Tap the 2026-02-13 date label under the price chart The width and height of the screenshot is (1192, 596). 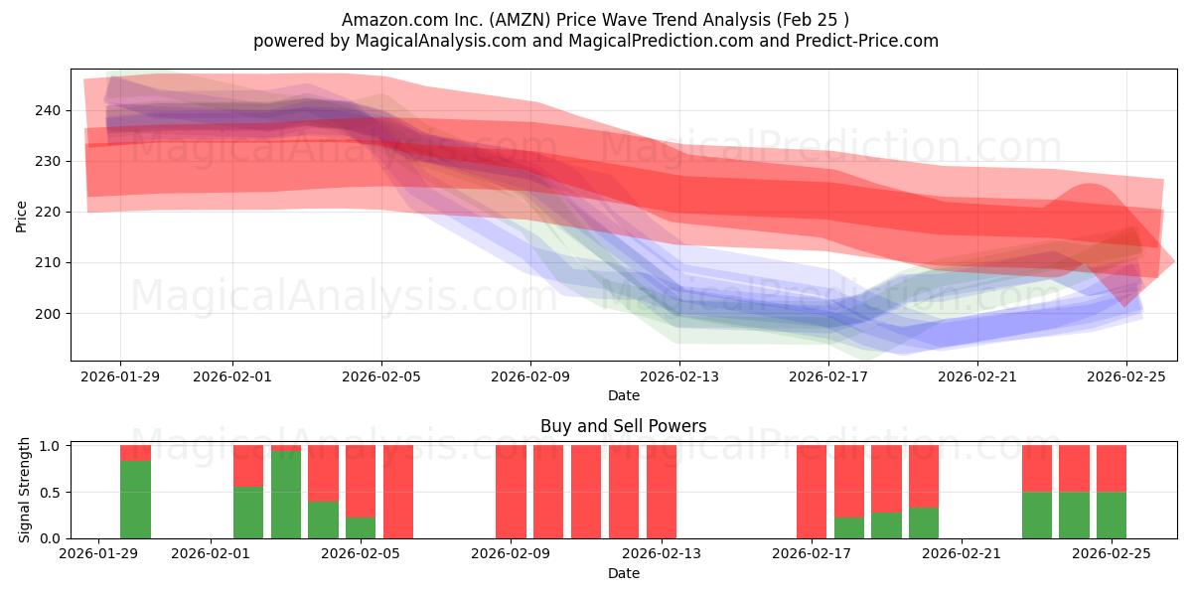(x=678, y=376)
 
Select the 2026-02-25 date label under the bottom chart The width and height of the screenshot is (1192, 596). (x=1112, y=554)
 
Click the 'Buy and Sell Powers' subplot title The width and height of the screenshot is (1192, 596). (x=623, y=426)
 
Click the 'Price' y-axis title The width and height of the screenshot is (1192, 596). (x=22, y=217)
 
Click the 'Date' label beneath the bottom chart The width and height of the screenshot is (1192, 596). (x=623, y=573)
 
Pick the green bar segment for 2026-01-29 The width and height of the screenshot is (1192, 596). (x=135, y=500)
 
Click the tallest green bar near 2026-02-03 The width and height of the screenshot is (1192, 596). (x=286, y=495)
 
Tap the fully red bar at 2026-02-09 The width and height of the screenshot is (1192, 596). (x=511, y=492)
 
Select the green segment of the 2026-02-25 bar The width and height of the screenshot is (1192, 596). (x=1112, y=516)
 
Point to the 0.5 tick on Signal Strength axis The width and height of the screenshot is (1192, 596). (x=49, y=492)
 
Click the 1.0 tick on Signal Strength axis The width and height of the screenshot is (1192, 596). (x=49, y=446)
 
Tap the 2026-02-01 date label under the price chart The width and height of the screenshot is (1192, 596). (x=232, y=376)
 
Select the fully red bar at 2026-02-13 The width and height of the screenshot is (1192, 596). (x=661, y=492)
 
